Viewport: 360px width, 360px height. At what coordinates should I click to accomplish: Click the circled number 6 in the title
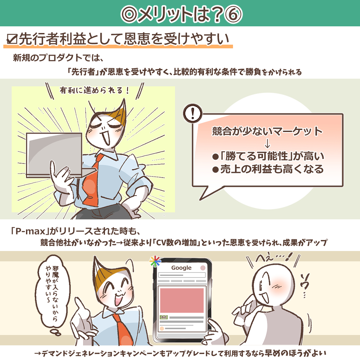coord(233,14)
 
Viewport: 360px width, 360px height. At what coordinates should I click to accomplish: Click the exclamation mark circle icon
coord(193,113)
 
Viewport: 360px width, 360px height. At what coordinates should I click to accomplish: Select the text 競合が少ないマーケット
coord(267,131)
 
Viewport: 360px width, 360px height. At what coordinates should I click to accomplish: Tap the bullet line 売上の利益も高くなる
coord(268,169)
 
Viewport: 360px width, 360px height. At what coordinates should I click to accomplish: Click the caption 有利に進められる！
coord(94,90)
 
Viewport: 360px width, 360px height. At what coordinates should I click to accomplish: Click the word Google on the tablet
coord(181,268)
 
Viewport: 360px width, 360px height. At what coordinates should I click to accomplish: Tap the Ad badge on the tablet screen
coord(164,317)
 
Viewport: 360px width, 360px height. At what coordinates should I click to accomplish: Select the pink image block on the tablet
coord(182,300)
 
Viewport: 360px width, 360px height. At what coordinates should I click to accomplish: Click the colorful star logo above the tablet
coord(155,261)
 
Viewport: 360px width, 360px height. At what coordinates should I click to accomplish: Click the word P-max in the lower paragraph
coord(31,231)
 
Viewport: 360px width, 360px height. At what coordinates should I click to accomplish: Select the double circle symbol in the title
coord(129,14)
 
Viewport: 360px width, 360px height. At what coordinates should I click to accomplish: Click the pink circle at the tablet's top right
coord(203,268)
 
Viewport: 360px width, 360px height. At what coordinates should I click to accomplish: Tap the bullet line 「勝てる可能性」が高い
coord(268,156)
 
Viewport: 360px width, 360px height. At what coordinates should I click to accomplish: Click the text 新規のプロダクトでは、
coord(58,58)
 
